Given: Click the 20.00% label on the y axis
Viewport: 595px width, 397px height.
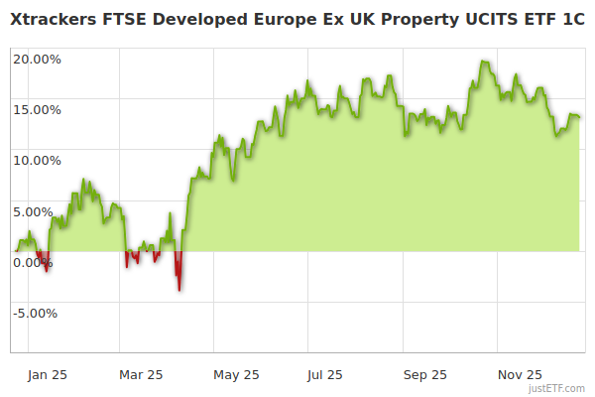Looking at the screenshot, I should (x=37, y=59).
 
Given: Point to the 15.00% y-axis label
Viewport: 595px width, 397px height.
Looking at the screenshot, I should (x=37, y=109).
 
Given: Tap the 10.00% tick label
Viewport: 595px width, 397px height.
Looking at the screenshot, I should (x=37, y=160).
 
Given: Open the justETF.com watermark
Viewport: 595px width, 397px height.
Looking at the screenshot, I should (x=556, y=388).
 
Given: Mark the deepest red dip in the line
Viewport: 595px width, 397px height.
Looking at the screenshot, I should (x=178, y=290).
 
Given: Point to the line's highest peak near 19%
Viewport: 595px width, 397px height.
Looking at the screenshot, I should (x=483, y=62).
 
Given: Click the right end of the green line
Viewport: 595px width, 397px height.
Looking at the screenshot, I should (x=579, y=117).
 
